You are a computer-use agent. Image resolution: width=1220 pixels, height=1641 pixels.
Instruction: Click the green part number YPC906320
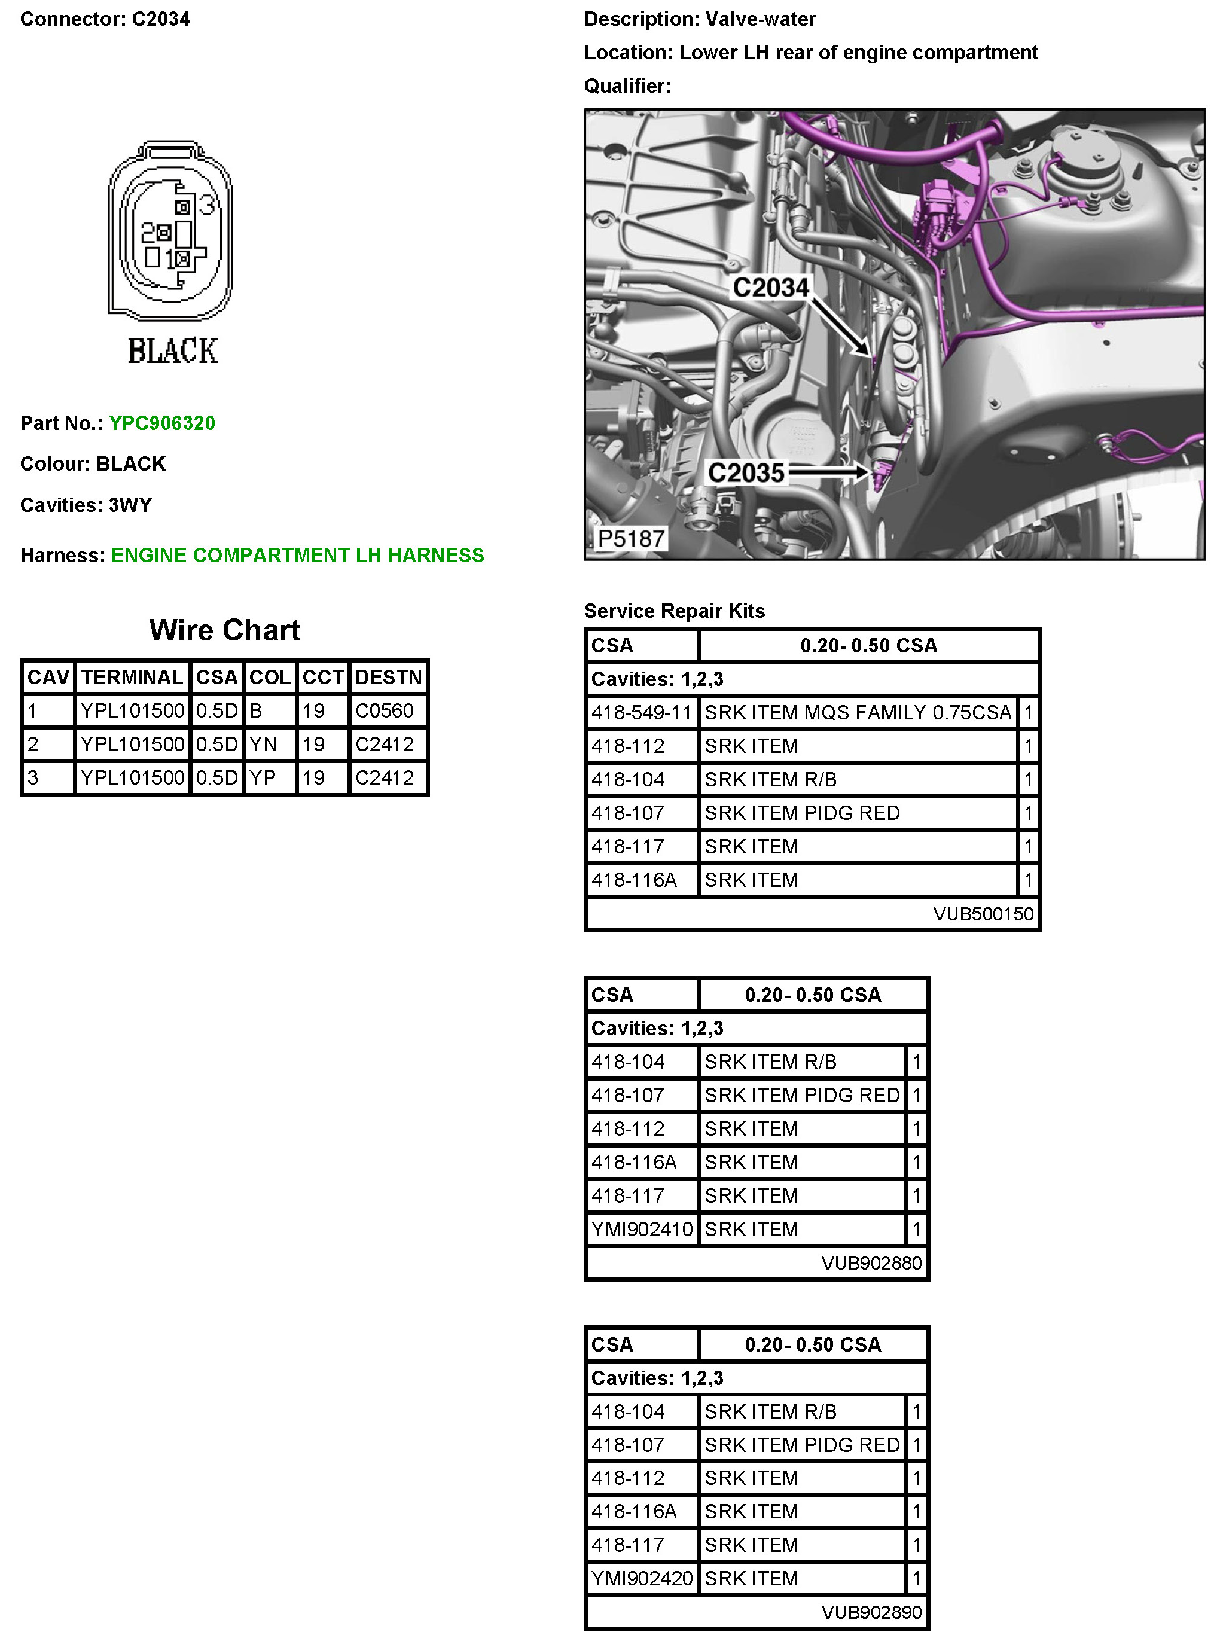[x=161, y=423]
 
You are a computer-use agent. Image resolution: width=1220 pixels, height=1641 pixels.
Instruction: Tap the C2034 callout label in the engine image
[x=770, y=287]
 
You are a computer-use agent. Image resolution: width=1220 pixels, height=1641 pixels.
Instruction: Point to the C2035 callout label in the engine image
[x=746, y=472]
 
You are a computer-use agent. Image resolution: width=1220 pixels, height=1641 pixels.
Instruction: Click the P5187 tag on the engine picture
[x=631, y=538]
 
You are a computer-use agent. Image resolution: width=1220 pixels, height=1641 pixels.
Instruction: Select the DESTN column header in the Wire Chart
[x=388, y=677]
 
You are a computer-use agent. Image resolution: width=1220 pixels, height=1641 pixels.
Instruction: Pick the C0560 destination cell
[x=384, y=710]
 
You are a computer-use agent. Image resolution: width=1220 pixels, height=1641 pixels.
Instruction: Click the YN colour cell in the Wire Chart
[x=263, y=744]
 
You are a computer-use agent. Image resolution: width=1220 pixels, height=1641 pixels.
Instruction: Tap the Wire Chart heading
[x=224, y=630]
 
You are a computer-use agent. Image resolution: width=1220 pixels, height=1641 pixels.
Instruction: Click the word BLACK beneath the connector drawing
[x=173, y=351]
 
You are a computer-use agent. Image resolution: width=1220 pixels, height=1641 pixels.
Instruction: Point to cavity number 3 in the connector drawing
[x=208, y=205]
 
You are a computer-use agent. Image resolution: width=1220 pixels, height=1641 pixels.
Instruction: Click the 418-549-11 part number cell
[x=641, y=713]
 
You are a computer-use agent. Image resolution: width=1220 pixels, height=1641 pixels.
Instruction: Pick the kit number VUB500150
[x=983, y=914]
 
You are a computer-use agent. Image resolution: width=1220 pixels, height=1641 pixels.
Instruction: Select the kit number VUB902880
[x=871, y=1263]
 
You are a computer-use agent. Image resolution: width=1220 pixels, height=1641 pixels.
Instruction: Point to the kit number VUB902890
[x=871, y=1612]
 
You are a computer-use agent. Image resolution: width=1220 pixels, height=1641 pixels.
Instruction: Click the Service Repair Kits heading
[x=674, y=611]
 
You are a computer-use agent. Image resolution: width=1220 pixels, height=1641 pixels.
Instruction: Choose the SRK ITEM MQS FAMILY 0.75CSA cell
[x=858, y=713]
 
